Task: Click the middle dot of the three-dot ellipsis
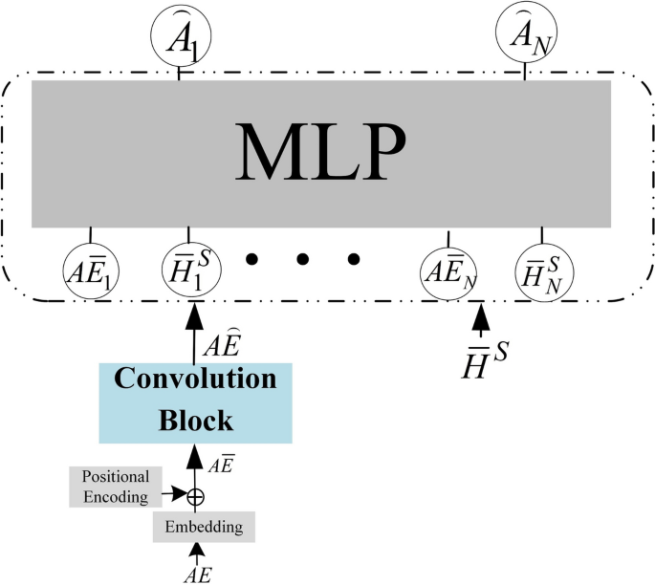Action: [x=302, y=259]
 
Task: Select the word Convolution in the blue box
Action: [x=195, y=379]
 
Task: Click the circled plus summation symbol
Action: [x=196, y=496]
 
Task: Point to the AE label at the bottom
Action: [x=197, y=574]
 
